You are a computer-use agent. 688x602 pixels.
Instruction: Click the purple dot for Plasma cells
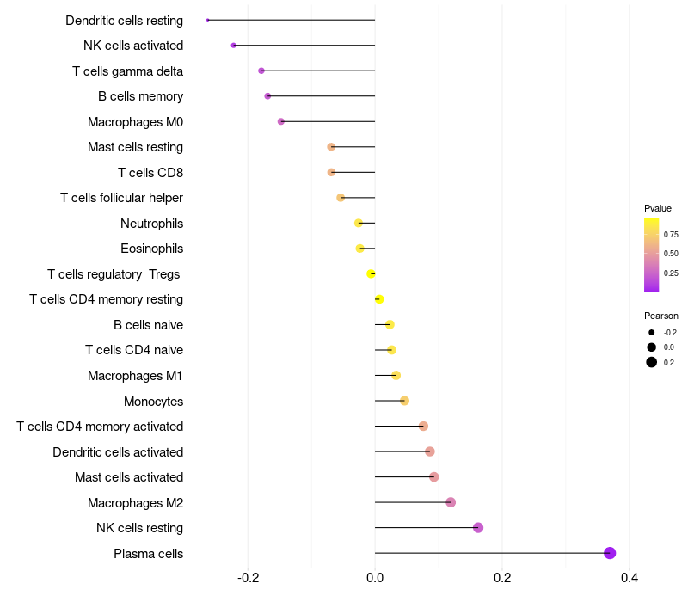[610, 553]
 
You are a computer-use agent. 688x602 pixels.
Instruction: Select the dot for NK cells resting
[478, 528]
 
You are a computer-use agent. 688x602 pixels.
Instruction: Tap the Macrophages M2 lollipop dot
[451, 502]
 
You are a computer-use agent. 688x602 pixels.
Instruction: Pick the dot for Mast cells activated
[434, 477]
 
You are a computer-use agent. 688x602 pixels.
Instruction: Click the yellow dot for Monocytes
[405, 401]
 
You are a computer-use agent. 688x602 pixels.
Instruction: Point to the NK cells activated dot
[234, 45]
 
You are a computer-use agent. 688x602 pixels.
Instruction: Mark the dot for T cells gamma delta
[261, 71]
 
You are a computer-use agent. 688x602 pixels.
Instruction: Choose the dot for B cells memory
[267, 96]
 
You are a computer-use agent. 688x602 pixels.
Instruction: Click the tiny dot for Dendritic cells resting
[208, 20]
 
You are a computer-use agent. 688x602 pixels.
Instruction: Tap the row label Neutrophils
[151, 224]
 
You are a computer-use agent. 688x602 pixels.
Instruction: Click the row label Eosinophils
[151, 249]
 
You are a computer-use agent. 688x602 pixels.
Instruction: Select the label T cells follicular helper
[121, 198]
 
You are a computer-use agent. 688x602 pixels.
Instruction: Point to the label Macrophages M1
[135, 376]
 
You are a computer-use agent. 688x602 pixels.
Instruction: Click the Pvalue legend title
[658, 208]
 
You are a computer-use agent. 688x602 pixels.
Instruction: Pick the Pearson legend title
[661, 316]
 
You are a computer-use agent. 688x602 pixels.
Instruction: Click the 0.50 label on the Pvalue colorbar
[671, 254]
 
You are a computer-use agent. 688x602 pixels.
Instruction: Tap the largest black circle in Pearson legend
[652, 362]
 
